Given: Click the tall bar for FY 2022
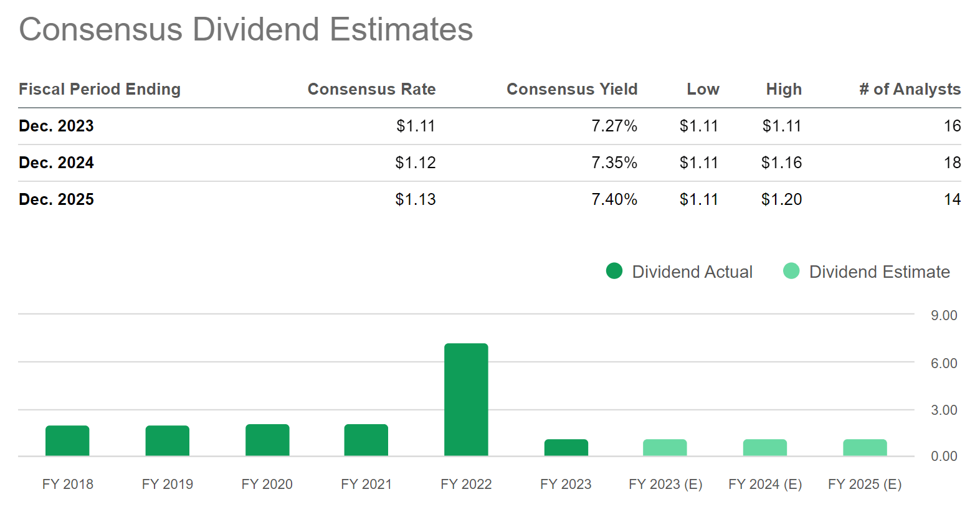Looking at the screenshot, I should tap(466, 399).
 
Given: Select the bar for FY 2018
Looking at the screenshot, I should tap(67, 440).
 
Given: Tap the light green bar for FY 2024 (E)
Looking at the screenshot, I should tap(765, 447).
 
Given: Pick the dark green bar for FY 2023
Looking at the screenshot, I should tap(566, 447).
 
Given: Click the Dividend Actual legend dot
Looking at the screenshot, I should tap(614, 271).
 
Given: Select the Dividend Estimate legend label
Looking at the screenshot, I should tap(879, 272).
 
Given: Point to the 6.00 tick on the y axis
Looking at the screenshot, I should tap(944, 363).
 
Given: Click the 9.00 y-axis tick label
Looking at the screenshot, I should tap(944, 315).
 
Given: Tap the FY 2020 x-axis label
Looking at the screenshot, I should tap(267, 484).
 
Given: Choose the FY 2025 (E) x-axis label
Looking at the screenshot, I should tap(865, 484).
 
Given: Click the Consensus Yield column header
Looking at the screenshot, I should tap(572, 89).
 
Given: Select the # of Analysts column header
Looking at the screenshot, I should tap(910, 89).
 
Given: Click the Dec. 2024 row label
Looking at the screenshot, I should tap(56, 163).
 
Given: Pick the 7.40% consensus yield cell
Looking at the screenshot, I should tap(614, 199).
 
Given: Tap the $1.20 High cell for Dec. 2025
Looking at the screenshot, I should tap(781, 199).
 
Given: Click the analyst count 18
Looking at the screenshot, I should tap(952, 163).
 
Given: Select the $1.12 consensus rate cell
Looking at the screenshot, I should tap(416, 163).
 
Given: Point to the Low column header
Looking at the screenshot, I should tap(703, 89).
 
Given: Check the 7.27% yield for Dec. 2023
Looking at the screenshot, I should tap(614, 126).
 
